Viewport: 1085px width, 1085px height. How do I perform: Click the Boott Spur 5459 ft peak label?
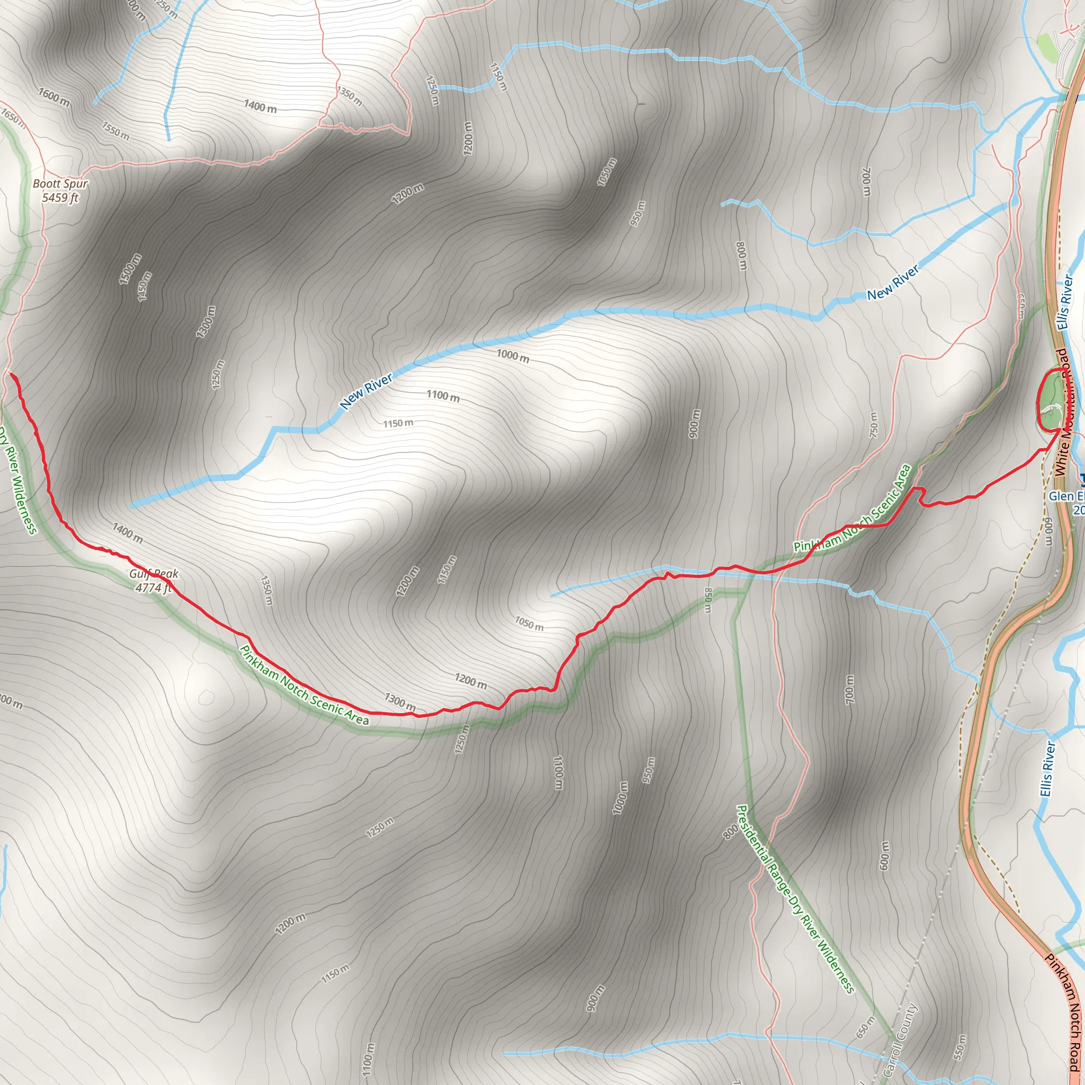click(60, 190)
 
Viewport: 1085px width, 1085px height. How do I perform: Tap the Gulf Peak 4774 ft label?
click(153, 580)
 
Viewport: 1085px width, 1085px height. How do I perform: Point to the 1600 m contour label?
click(54, 96)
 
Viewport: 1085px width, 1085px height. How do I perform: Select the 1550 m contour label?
click(115, 131)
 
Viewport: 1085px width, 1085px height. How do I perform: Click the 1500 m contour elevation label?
click(130, 270)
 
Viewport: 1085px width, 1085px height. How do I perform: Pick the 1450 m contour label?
click(145, 286)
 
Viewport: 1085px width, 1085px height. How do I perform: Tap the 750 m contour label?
click(873, 424)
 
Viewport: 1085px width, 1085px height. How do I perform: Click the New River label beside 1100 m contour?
click(366, 392)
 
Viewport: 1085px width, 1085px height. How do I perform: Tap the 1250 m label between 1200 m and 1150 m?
click(432, 91)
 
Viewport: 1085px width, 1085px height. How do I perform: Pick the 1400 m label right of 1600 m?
click(260, 105)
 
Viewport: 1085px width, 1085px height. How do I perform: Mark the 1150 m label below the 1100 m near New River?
click(398, 423)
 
